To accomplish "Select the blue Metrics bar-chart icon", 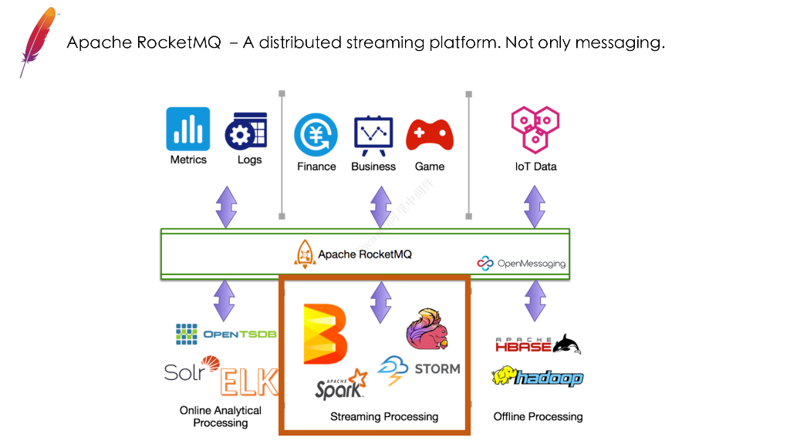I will point(188,129).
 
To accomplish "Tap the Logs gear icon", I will point(246,132).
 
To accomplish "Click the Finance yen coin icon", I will point(316,136).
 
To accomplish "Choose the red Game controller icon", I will point(430,136).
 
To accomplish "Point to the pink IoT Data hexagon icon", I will point(535,129).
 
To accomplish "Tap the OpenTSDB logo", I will point(226,334).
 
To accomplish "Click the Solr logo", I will point(192,370).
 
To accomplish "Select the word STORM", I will point(437,368).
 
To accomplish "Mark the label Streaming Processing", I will point(384,417).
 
